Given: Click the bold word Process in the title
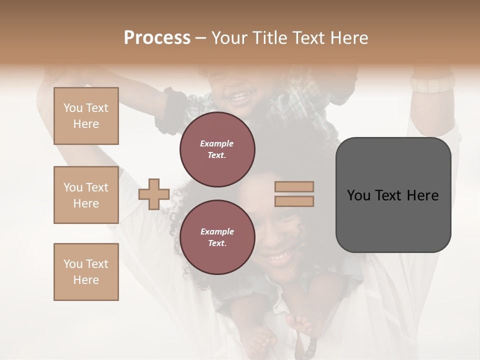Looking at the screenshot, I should (157, 38).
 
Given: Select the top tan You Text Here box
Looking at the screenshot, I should (86, 116).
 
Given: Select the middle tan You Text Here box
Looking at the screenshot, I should (86, 195).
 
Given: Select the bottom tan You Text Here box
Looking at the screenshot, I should (86, 272).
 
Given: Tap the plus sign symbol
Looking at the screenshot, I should (154, 194).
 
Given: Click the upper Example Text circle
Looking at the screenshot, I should (217, 149).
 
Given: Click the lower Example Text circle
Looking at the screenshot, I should (217, 237).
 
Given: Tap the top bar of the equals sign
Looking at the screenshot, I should (294, 187).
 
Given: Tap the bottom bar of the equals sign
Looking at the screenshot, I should (294, 201).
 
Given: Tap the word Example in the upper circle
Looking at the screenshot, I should (217, 143).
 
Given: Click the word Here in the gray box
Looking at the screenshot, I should (423, 195).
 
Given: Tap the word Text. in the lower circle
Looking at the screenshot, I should (217, 243).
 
